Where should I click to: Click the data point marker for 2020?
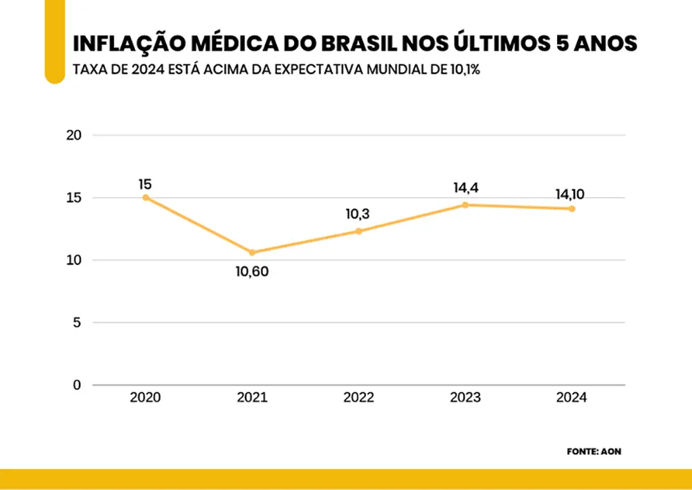point(145,197)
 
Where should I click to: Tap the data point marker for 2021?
point(252,253)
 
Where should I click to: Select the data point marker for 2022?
point(358,231)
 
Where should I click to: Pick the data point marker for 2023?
point(465,205)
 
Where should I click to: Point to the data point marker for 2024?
point(572,208)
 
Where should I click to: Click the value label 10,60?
point(252,271)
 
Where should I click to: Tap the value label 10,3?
point(358,215)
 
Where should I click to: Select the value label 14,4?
point(465,187)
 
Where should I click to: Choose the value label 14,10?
point(570,194)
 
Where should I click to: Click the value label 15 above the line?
point(145,184)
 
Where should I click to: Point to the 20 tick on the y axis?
point(73,135)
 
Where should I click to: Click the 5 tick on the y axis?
point(78,323)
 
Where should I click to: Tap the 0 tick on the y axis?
point(77,385)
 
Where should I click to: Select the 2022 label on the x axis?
point(358,398)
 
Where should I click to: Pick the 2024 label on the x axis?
point(572,398)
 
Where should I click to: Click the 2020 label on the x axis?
point(145,398)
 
